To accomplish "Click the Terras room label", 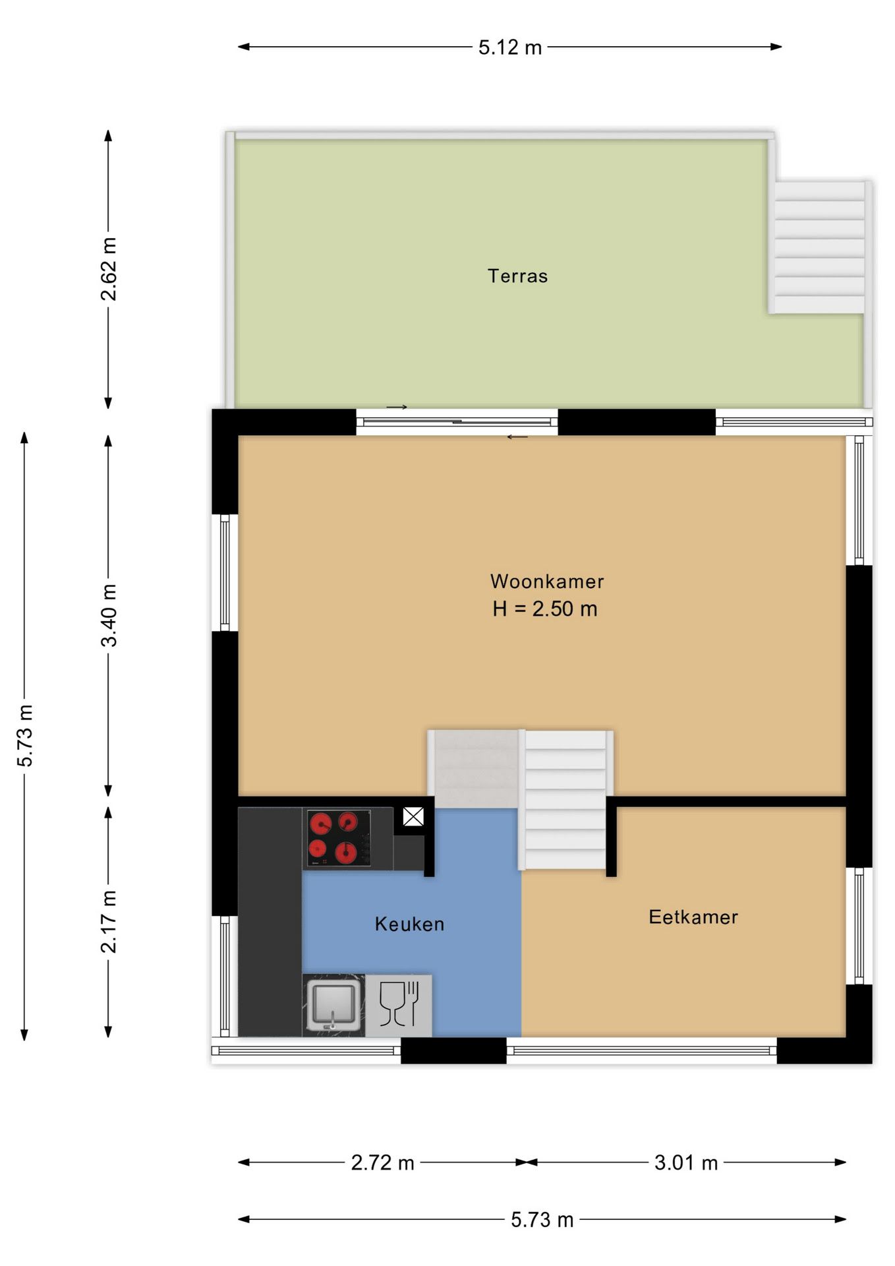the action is [x=517, y=276].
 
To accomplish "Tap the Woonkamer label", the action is [x=547, y=582].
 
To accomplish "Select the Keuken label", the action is [x=409, y=924].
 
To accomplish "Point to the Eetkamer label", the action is [x=693, y=917].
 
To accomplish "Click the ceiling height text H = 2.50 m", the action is [x=545, y=609].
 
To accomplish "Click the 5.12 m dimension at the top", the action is [x=510, y=47].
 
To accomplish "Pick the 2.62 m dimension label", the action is [x=109, y=269].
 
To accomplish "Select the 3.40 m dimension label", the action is [x=109, y=615].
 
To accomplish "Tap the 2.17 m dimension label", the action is [x=109, y=921].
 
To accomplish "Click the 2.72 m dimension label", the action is [x=382, y=1162].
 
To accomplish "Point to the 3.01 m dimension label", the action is [x=686, y=1162].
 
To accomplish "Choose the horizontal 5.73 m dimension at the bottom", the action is [x=542, y=1220].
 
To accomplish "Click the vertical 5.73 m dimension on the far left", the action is [x=25, y=735].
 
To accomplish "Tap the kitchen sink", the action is [x=333, y=1006].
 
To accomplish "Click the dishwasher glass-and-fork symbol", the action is [x=399, y=1005].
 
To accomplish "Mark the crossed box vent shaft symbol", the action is [x=413, y=818].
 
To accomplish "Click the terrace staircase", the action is [x=819, y=247].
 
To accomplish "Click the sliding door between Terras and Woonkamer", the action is [x=457, y=421].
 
